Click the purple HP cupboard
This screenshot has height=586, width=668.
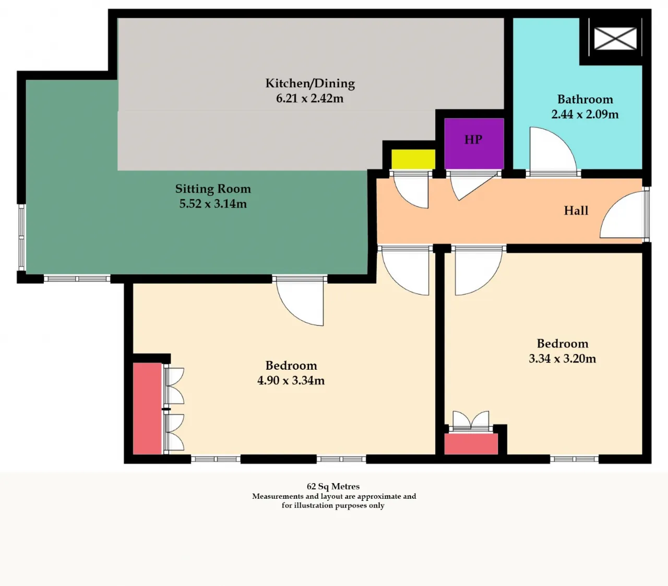point(474,144)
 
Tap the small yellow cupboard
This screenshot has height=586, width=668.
point(413,159)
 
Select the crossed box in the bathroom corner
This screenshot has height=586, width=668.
point(615,39)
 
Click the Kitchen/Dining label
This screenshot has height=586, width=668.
point(310,84)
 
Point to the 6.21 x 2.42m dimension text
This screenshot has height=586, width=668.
point(309,98)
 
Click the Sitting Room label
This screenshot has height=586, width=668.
point(213,189)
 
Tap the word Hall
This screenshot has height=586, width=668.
point(576,210)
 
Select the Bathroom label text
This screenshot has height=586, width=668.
point(585,99)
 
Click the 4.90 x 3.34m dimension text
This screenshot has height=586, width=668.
point(291,380)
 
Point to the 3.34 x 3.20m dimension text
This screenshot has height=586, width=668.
point(562,358)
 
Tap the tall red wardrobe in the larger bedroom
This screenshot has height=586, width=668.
point(147,408)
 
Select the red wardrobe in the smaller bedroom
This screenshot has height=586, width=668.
point(471,444)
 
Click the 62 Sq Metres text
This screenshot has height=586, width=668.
point(333,486)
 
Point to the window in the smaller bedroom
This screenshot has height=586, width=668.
point(574,459)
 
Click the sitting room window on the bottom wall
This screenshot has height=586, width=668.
point(77,279)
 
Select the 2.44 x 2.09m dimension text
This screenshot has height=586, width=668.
point(585,114)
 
